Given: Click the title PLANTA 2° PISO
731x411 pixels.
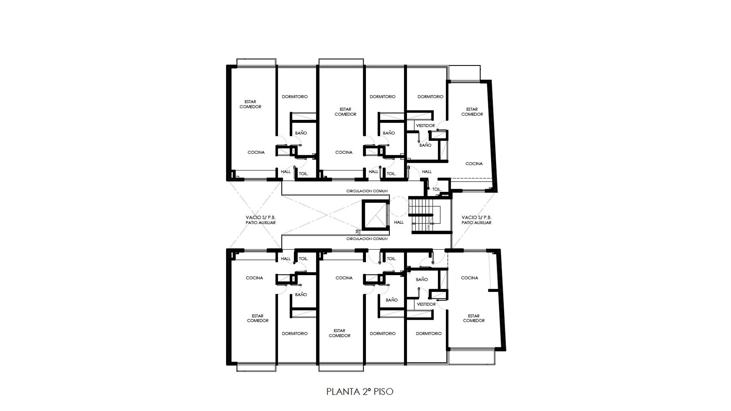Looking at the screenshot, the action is pyautogui.click(x=360, y=392).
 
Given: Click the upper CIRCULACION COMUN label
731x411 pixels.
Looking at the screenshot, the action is pyautogui.click(x=367, y=191).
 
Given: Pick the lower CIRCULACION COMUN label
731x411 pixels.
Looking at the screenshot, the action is pyautogui.click(x=367, y=239).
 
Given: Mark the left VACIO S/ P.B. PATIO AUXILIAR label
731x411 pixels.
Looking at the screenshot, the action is pyautogui.click(x=261, y=220).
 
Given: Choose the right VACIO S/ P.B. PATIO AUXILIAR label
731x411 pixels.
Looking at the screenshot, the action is pyautogui.click(x=477, y=220).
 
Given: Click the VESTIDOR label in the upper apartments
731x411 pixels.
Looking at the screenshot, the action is pyautogui.click(x=425, y=126).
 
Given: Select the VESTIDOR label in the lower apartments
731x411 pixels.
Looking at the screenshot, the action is pyautogui.click(x=426, y=304).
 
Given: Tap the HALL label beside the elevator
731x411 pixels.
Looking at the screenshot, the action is pyautogui.click(x=399, y=222).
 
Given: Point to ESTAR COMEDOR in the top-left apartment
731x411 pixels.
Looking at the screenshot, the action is pyautogui.click(x=251, y=104).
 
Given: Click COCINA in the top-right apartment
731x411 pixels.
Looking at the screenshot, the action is pyautogui.click(x=474, y=164).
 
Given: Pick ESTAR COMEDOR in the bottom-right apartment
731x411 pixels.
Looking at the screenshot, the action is pyautogui.click(x=474, y=318).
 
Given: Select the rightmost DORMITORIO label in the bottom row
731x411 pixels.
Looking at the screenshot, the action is pyautogui.click(x=429, y=334).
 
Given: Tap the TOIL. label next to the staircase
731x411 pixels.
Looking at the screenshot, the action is pyautogui.click(x=437, y=190).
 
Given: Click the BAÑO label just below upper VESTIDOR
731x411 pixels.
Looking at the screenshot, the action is pyautogui.click(x=426, y=145).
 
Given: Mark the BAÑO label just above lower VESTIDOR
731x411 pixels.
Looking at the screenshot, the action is pyautogui.click(x=422, y=279).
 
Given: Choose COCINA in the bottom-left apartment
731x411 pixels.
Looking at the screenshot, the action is pyautogui.click(x=254, y=278).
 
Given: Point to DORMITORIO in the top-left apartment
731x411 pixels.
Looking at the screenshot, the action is pyautogui.click(x=295, y=97).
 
